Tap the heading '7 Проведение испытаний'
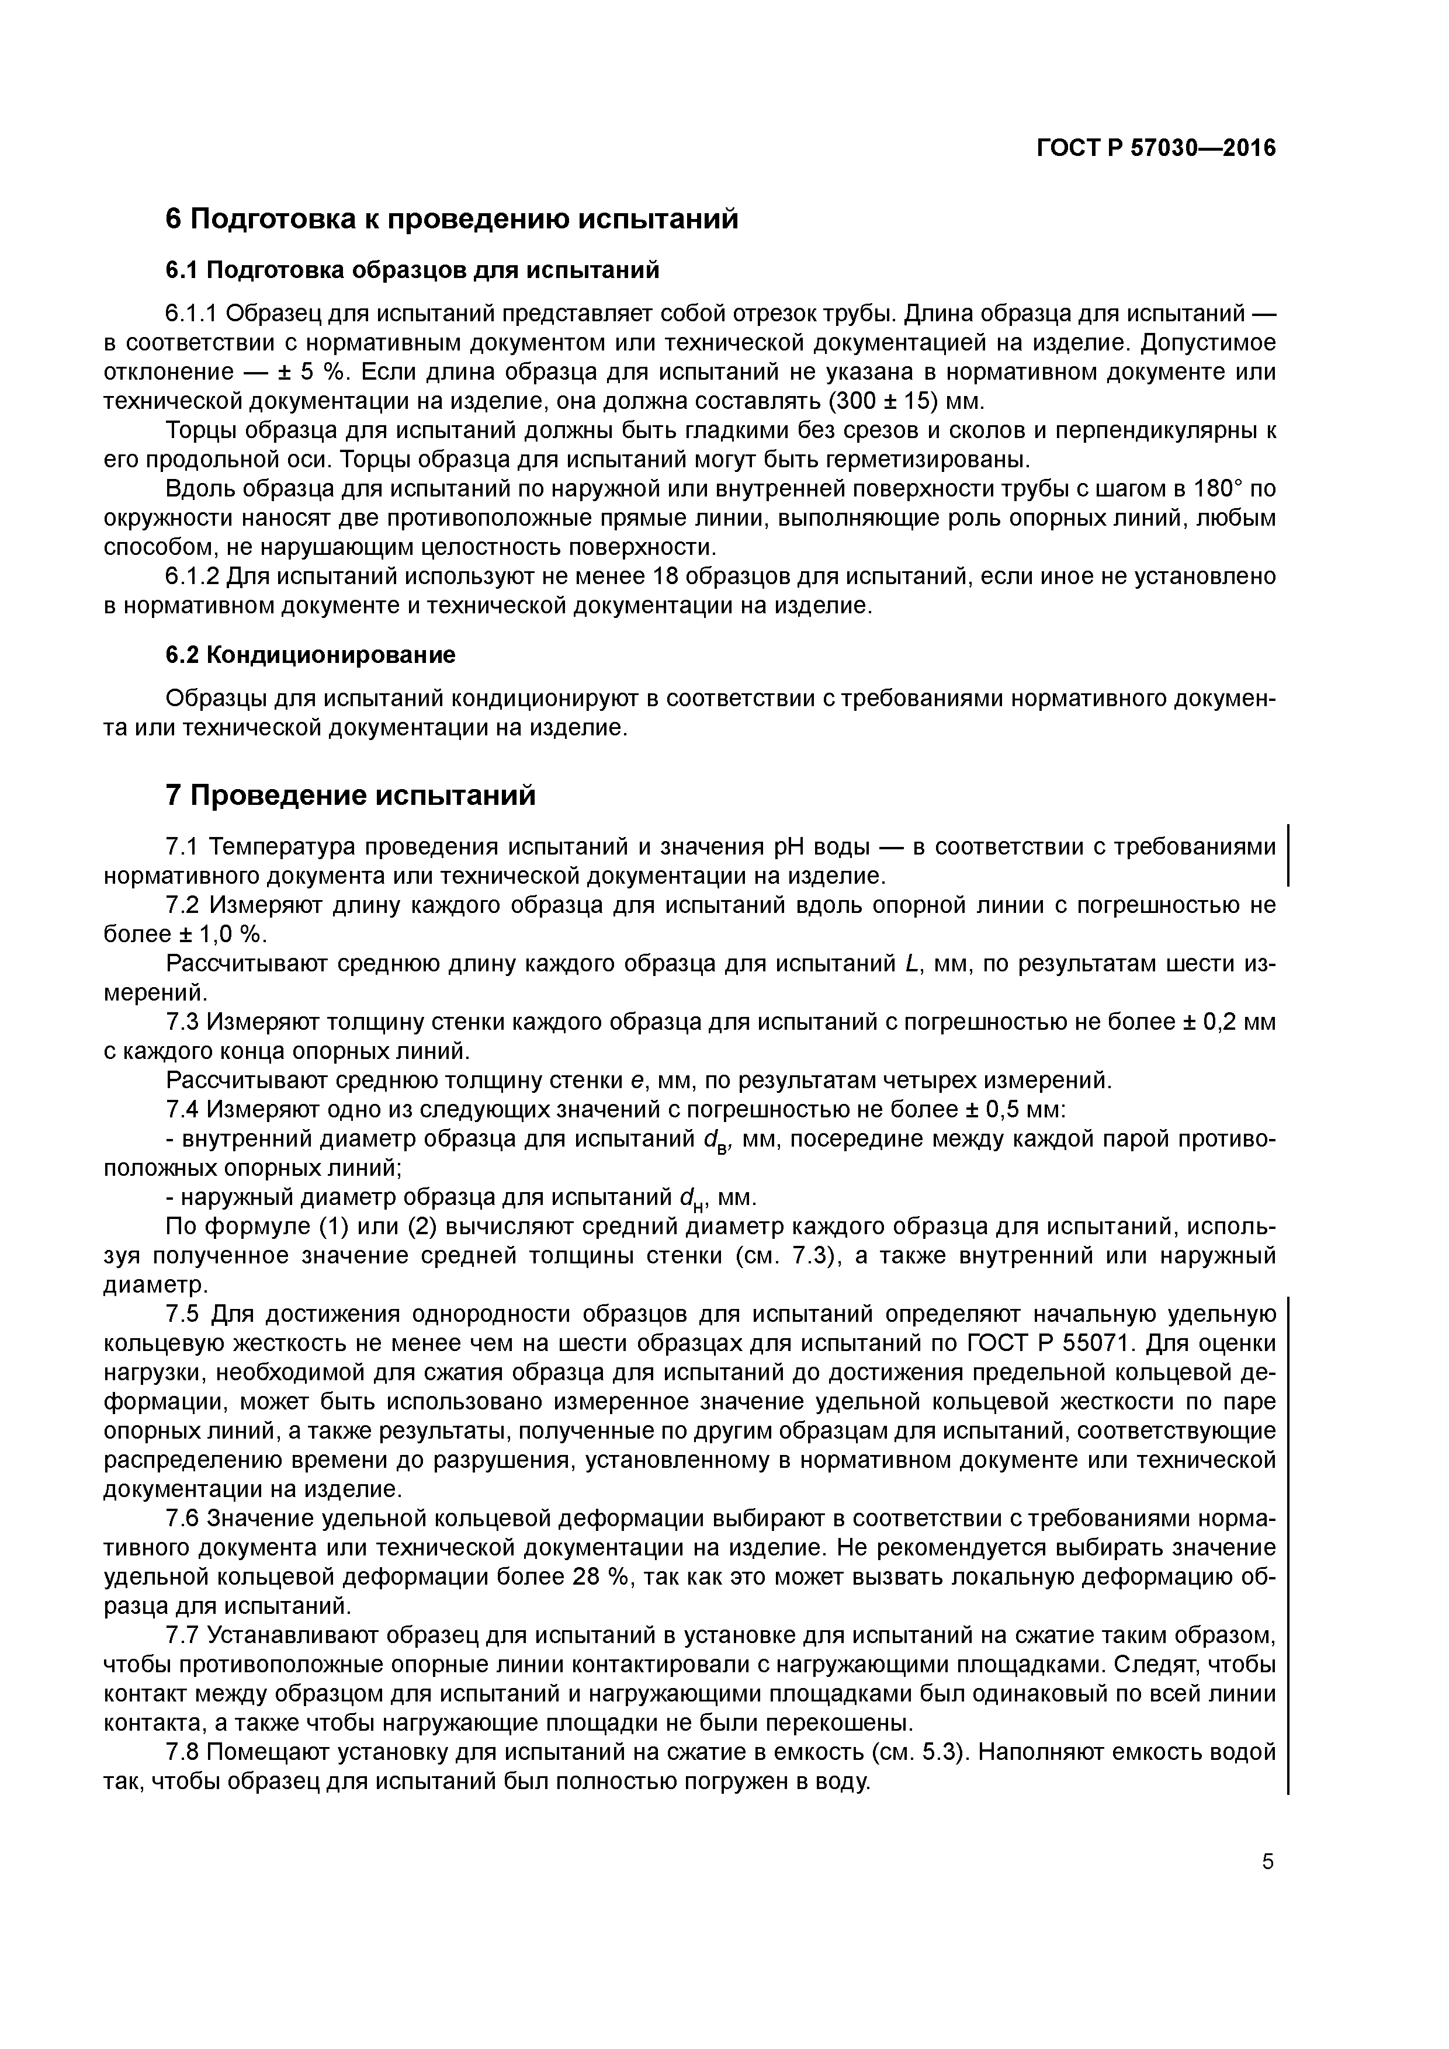[351, 795]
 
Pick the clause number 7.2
[184, 906]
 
